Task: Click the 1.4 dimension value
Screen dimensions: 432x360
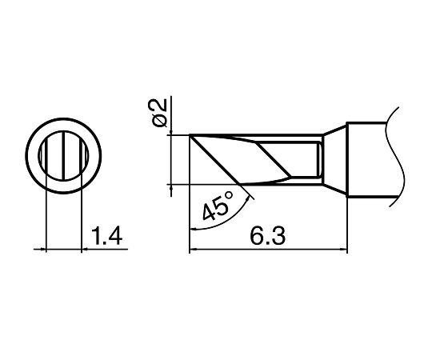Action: coord(106,236)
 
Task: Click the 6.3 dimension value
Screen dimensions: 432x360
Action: coord(268,236)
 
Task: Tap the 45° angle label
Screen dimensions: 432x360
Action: coord(217,206)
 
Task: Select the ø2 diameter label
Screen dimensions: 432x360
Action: coord(160,113)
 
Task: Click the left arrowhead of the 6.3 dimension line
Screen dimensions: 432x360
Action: coord(193,250)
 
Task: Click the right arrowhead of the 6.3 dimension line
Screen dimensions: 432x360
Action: coord(344,250)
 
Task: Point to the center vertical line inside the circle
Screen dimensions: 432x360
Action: coord(63,156)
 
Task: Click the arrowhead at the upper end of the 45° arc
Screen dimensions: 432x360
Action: coord(249,199)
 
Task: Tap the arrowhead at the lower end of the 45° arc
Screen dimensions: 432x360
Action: coord(193,228)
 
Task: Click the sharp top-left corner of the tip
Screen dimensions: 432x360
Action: coord(190,135)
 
